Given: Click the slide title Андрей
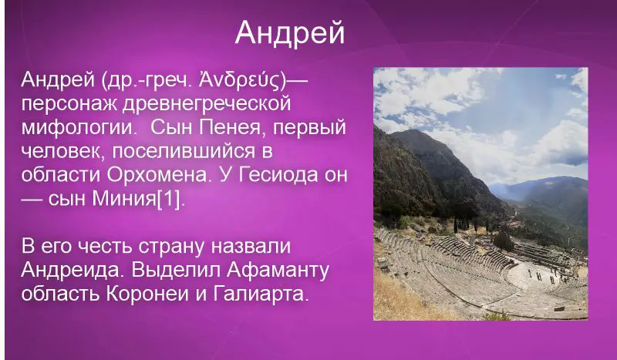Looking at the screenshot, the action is click(290, 32).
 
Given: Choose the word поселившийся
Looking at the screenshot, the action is click(184, 151).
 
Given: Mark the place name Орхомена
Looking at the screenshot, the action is click(157, 175).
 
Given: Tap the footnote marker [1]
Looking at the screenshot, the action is click(170, 199).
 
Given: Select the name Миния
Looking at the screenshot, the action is click(124, 199).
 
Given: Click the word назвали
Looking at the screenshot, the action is click(251, 246).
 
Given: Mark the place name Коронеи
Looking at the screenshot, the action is click(147, 294).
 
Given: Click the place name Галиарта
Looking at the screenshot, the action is click(260, 294).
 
